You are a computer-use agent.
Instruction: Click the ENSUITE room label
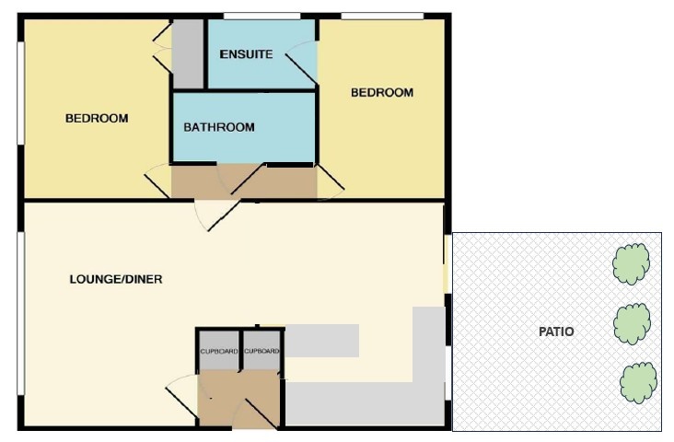click(x=246, y=54)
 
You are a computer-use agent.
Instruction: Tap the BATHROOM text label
click(x=219, y=127)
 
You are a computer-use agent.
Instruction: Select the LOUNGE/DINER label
click(x=116, y=279)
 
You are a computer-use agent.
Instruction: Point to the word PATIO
click(x=556, y=331)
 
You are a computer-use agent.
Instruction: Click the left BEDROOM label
click(x=96, y=119)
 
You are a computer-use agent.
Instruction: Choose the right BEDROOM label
click(x=382, y=93)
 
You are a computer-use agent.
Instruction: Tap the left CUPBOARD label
click(x=219, y=352)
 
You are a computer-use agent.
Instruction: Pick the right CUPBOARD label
click(x=262, y=352)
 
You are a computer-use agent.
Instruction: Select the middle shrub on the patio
click(x=633, y=323)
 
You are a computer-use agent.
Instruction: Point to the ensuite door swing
click(x=303, y=65)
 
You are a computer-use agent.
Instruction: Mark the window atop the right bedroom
click(x=382, y=16)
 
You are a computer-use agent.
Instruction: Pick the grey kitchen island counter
click(x=321, y=341)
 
